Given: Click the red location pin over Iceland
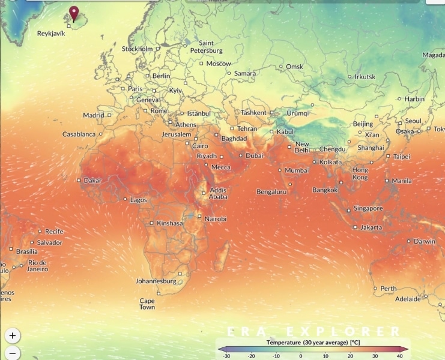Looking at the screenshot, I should (74, 13).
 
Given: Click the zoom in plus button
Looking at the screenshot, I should (13, 335).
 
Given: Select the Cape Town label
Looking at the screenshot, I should (147, 304).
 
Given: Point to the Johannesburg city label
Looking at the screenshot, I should (156, 281).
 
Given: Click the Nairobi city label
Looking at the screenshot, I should (216, 219).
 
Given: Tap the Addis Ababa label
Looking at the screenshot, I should (218, 194).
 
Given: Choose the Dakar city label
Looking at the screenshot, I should (92, 180).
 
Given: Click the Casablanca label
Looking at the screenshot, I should (79, 134).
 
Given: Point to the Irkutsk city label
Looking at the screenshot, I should (365, 77).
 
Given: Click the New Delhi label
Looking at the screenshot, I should (302, 147).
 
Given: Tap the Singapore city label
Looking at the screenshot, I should (368, 209).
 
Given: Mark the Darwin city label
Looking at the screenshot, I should (425, 242).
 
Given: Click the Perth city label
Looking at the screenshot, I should (389, 289).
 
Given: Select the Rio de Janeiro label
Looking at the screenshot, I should (37, 266).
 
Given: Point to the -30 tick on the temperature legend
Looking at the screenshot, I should (226, 356).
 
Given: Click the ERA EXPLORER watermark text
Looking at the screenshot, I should (313, 331).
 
